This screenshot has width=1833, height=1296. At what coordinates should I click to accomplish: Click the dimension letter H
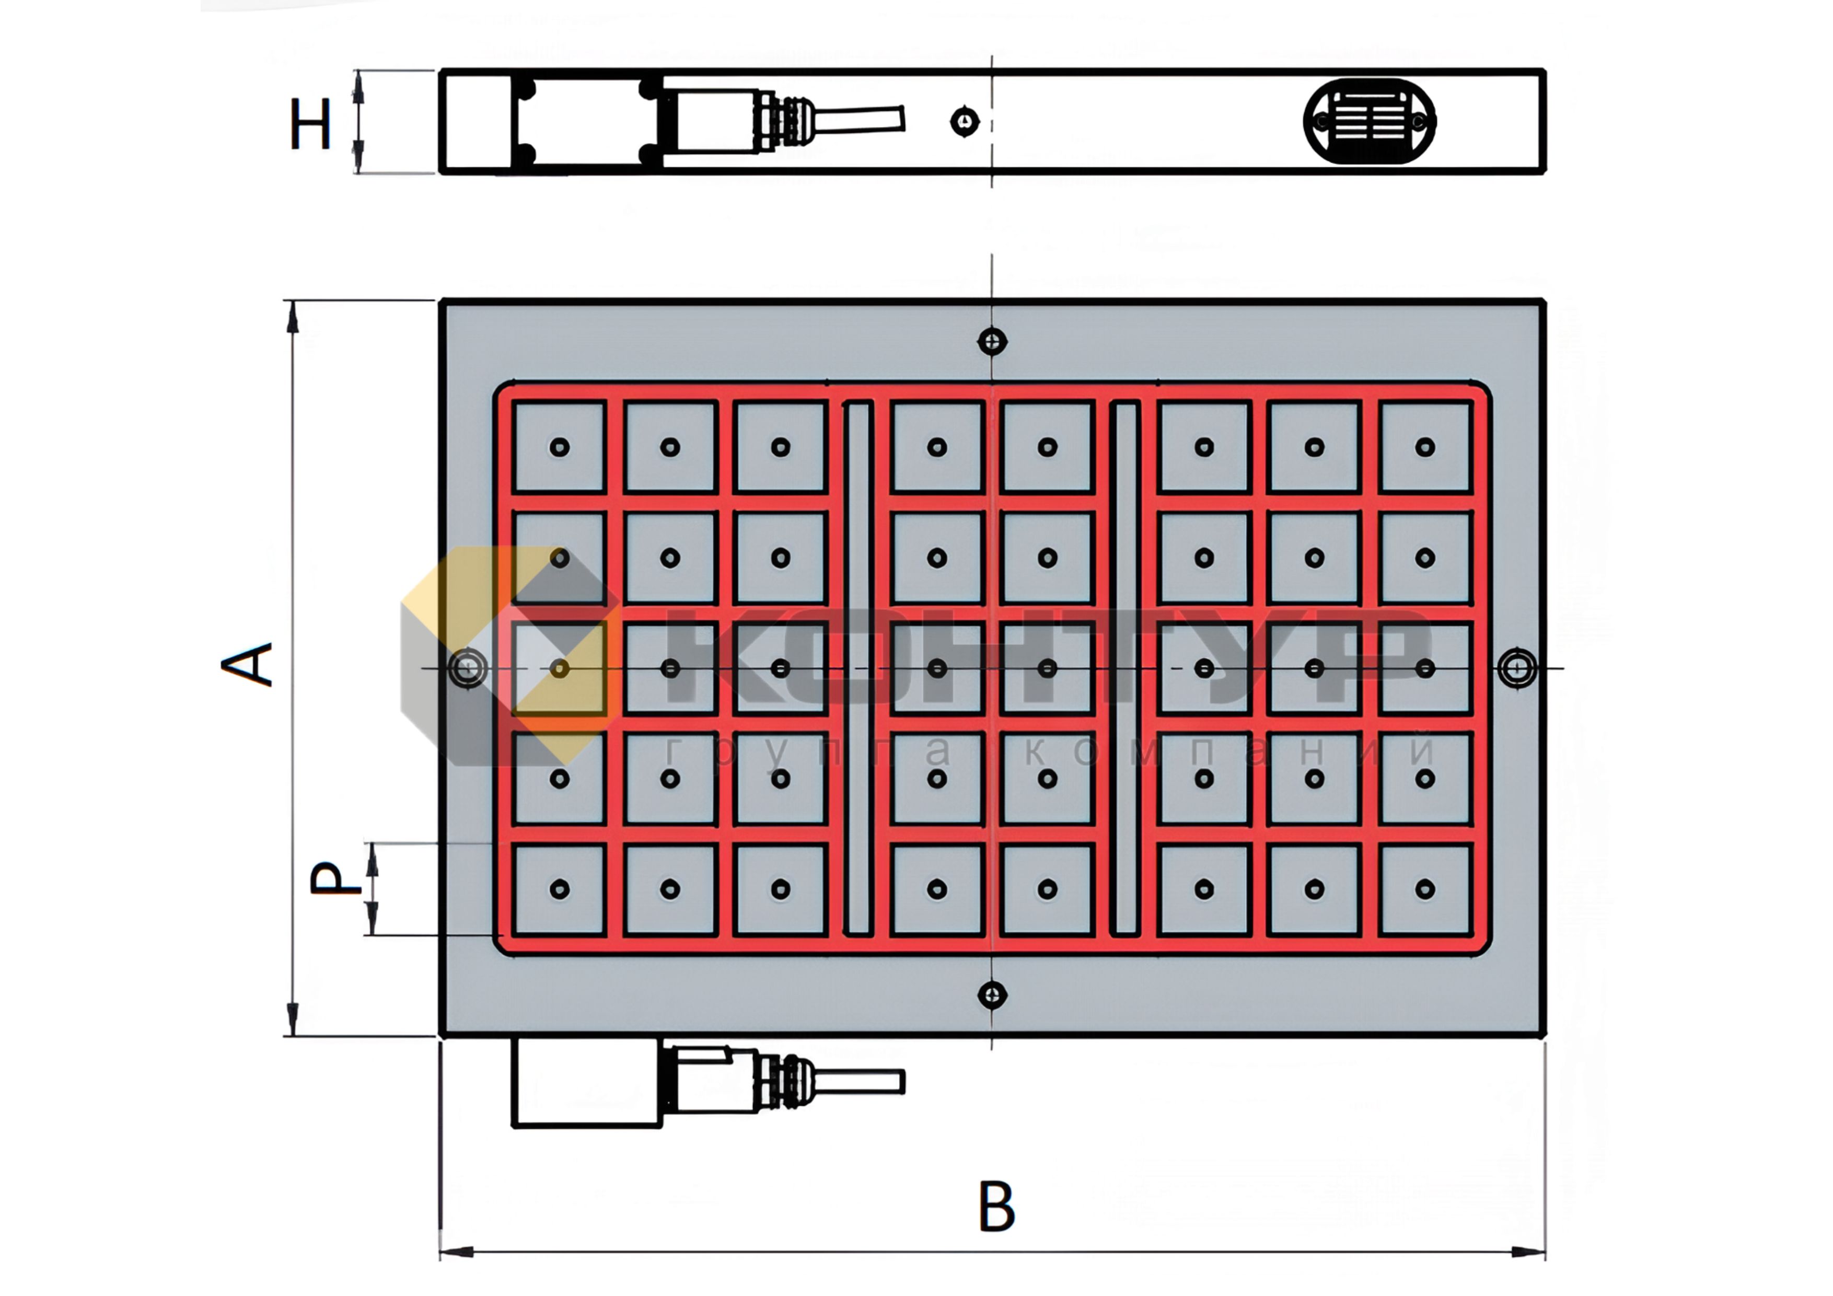[310, 124]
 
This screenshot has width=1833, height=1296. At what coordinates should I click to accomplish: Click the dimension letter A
[248, 664]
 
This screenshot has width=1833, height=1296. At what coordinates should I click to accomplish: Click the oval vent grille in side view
[1369, 121]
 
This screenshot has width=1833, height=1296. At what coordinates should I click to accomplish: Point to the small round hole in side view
[965, 121]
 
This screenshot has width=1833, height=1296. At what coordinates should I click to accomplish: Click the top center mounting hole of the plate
[992, 342]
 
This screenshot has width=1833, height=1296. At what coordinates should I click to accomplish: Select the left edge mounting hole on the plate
[468, 667]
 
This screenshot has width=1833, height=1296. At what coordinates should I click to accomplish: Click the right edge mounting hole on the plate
[1516, 667]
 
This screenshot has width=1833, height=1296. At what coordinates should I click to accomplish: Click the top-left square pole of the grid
[560, 447]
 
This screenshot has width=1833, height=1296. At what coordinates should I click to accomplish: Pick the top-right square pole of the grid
[1425, 447]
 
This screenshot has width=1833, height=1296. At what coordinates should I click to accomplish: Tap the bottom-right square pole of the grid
[1425, 889]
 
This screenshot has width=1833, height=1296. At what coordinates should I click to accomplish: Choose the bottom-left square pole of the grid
[560, 889]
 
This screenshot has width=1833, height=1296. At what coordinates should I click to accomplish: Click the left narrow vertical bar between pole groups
[858, 667]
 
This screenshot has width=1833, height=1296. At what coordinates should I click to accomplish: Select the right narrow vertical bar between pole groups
[1125, 667]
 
